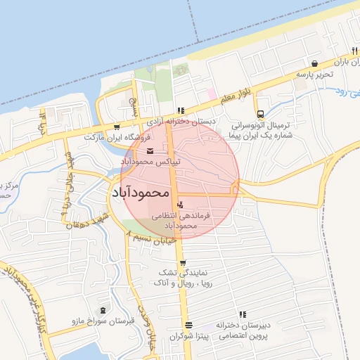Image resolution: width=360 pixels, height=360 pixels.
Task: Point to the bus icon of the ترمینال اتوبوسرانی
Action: [x=260, y=113]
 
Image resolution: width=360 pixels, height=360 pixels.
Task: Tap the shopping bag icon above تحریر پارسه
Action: [x=314, y=63]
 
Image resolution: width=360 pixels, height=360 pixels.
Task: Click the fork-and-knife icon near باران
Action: [x=354, y=51]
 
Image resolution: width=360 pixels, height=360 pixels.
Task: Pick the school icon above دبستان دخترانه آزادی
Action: [x=181, y=110]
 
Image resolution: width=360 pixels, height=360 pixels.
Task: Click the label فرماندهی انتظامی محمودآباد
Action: [x=180, y=221]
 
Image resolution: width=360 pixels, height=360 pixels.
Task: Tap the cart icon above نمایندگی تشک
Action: [x=183, y=264]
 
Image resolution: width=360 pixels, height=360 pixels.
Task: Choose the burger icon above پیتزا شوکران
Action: [x=188, y=326]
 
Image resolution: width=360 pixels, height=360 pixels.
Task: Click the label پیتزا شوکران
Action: [x=185, y=337]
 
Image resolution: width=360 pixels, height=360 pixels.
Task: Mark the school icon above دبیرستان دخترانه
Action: [x=243, y=314]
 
